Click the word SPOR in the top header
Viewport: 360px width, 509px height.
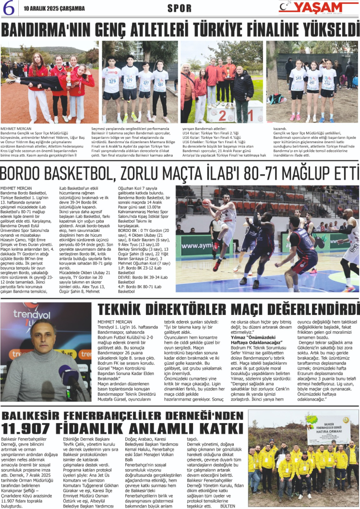coord(180,8)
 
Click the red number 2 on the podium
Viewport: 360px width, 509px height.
coord(223,115)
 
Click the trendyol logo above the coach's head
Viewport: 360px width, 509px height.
coord(38,314)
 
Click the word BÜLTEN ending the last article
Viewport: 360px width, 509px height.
coord(228,506)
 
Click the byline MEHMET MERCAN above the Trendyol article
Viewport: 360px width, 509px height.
coord(114,322)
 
